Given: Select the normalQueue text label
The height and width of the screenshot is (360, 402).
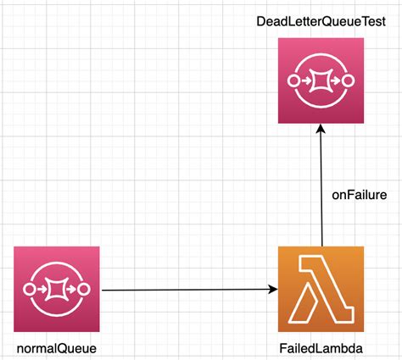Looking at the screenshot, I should coord(57,347).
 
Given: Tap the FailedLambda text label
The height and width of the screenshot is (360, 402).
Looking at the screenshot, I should coord(321,347).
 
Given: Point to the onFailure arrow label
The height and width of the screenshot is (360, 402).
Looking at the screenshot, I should coord(359,195).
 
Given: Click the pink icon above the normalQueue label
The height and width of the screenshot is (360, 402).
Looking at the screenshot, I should coord(57,289).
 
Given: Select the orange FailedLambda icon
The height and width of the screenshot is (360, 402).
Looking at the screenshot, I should coord(321,289).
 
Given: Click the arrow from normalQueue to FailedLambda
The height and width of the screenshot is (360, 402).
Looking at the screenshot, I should coord(187,290).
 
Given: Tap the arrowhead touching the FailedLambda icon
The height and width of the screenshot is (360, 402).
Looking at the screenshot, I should coord(273,290).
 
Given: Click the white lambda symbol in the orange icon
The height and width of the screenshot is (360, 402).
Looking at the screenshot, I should coord(321,289).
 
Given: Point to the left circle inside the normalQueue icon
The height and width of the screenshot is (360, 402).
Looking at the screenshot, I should coord(31,289).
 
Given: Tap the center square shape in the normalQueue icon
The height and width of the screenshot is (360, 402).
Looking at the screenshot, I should coord(57,289).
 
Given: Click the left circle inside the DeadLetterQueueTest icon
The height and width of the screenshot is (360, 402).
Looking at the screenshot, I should coord(295,81).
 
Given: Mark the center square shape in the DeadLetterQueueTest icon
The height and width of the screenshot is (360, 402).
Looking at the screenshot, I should coord(321,81).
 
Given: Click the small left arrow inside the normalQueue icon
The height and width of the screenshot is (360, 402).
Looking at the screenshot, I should coord(42,289).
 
